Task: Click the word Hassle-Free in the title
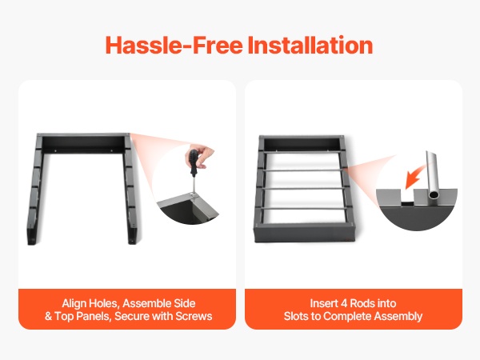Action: click(174, 45)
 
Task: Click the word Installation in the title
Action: click(310, 45)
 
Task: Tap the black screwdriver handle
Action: click(194, 162)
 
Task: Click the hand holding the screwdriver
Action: click(201, 156)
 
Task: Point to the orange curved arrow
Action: click(414, 177)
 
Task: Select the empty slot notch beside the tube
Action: click(407, 197)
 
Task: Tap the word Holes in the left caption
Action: click(102, 303)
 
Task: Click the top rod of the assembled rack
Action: click(302, 152)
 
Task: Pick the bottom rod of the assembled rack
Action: click(303, 209)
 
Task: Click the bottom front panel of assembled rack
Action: click(304, 233)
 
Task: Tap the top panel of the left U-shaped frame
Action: click(83, 143)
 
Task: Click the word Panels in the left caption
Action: click(93, 316)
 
